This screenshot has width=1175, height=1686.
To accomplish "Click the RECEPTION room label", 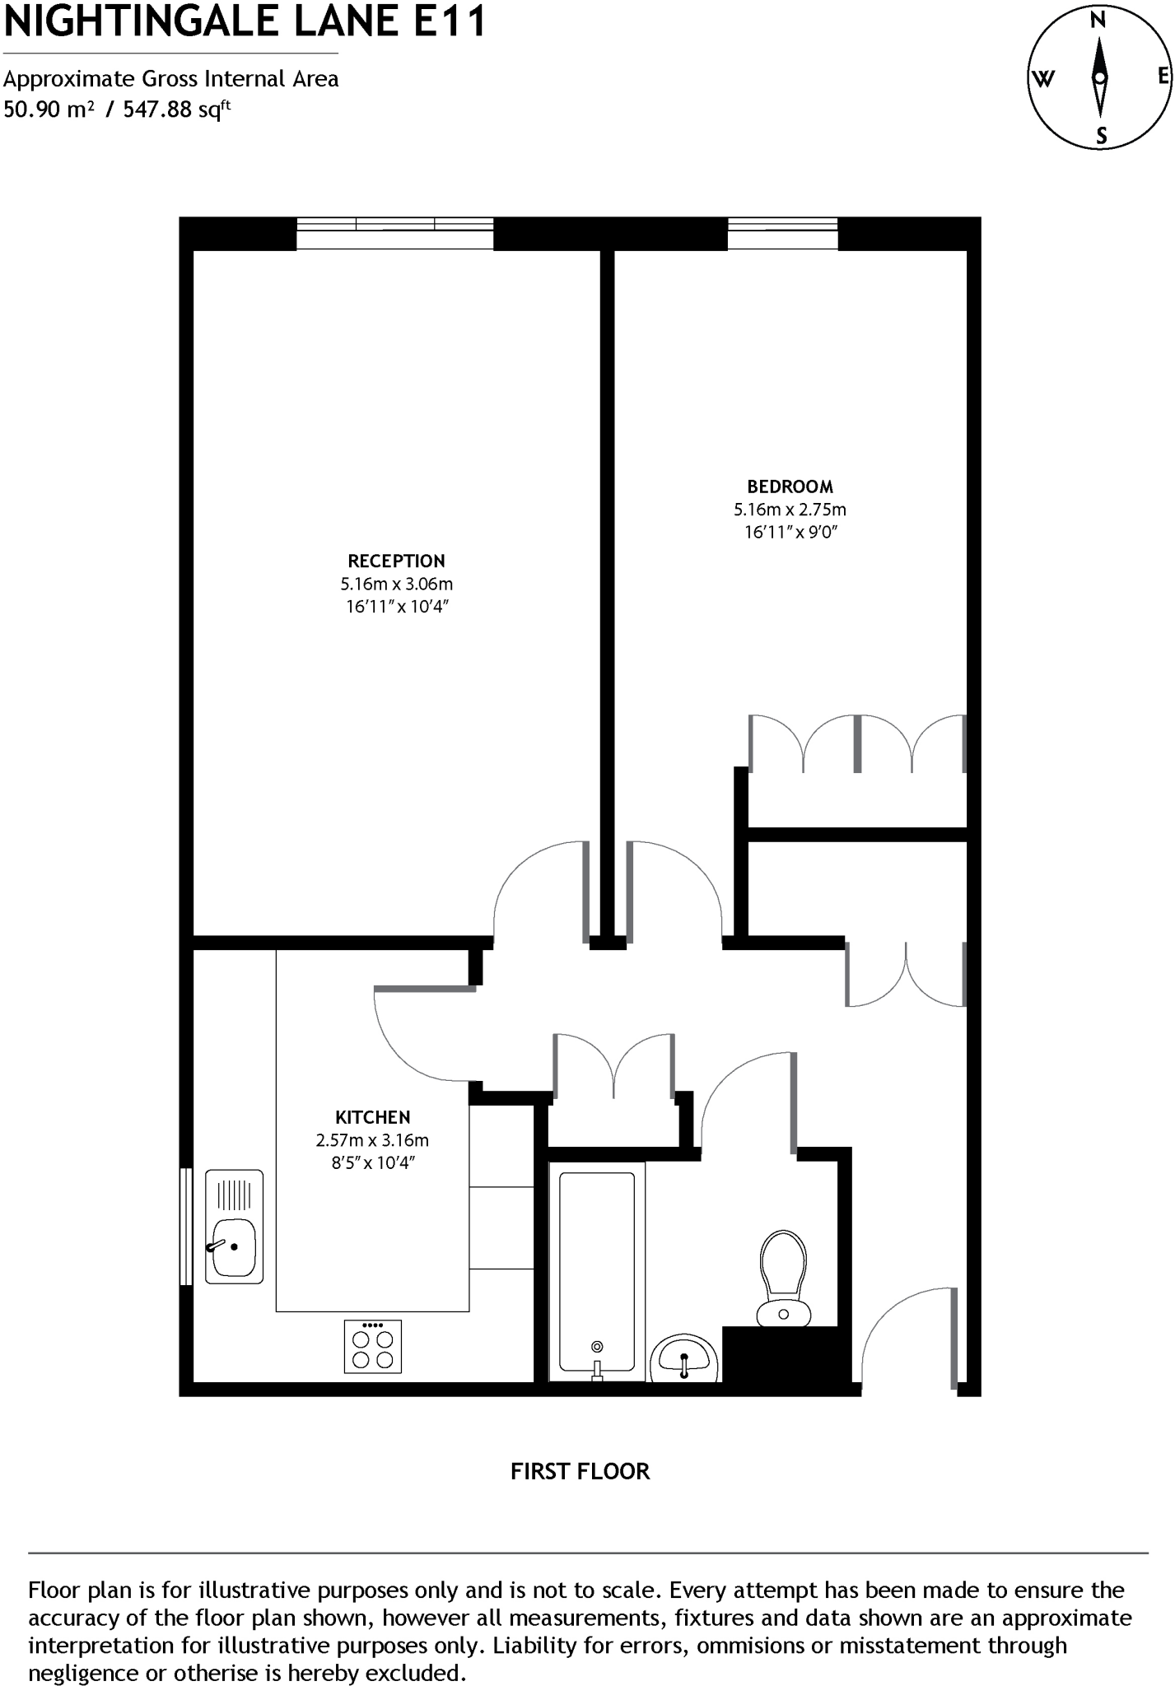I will coord(396,561).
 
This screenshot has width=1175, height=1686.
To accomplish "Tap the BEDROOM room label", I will coord(790,487).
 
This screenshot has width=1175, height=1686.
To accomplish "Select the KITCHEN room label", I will coord(372,1117).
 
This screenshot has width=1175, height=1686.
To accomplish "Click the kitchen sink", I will coord(234,1226).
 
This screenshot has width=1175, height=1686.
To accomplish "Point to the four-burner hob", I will coord(373,1347).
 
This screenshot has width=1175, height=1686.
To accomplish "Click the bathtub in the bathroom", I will coord(597,1271).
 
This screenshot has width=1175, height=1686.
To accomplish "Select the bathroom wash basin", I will coord(684,1357).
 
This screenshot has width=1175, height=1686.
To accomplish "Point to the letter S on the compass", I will coord(1102,136).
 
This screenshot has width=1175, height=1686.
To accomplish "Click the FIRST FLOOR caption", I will coord(580,1471).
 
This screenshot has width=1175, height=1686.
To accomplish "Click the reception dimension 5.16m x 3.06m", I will coord(396,584).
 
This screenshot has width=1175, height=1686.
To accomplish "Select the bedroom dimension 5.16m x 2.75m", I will coord(790,510).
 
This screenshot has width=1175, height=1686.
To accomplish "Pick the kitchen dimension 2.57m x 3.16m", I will coord(372,1140).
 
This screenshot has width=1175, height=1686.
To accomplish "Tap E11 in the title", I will coord(449,22).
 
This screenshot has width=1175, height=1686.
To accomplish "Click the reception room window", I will coord(394,233).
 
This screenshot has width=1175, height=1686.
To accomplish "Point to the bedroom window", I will coord(782,233).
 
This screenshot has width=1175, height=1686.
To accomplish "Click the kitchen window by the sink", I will coord(186,1226).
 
